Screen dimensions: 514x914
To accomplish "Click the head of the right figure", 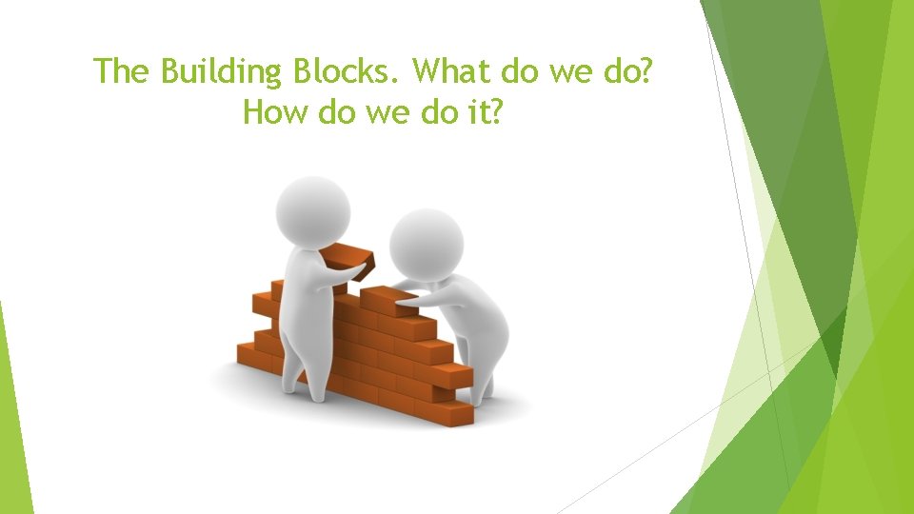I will [426, 244].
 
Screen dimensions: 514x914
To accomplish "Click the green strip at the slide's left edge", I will [13, 419].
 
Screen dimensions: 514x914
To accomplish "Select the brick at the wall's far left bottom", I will [249, 356].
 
